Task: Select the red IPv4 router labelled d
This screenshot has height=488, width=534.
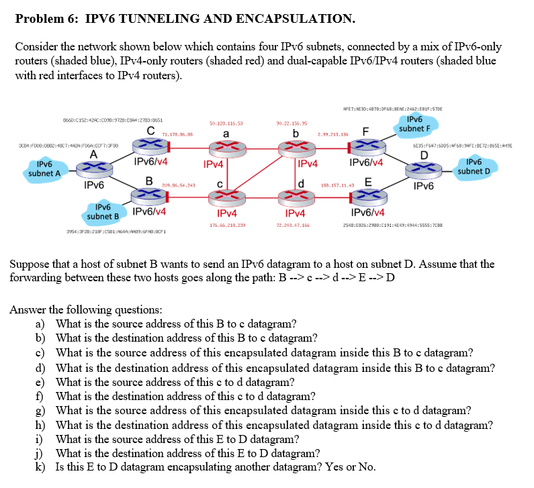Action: (x=296, y=195)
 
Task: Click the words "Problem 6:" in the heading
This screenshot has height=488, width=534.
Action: (x=42, y=18)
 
